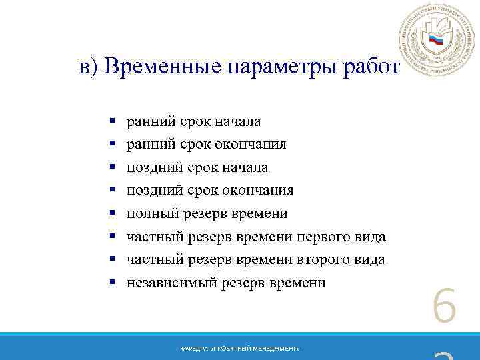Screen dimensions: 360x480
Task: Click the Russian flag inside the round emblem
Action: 436,39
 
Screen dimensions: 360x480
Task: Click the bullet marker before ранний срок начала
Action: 113,121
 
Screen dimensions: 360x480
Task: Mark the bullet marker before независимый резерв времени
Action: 113,283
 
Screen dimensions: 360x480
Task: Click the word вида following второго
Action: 369,259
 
